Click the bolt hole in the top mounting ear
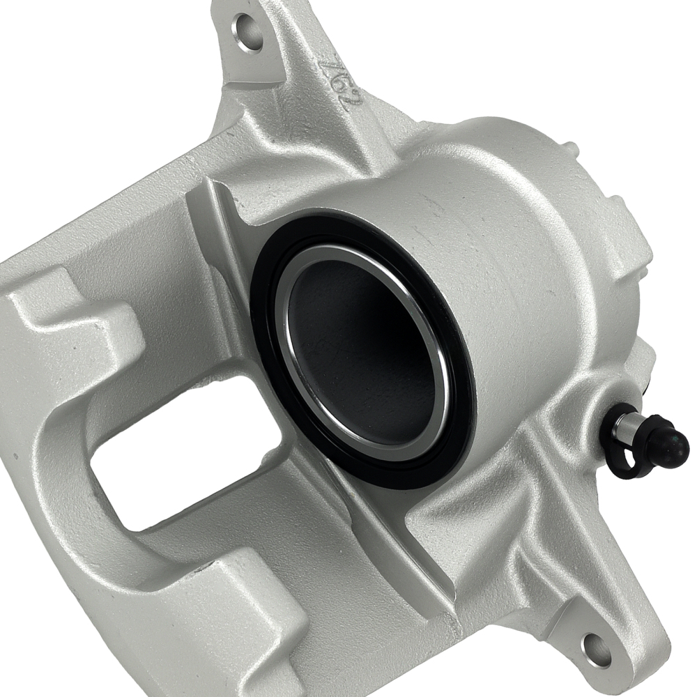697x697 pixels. (249, 31)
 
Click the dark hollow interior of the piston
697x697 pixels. (359, 348)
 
